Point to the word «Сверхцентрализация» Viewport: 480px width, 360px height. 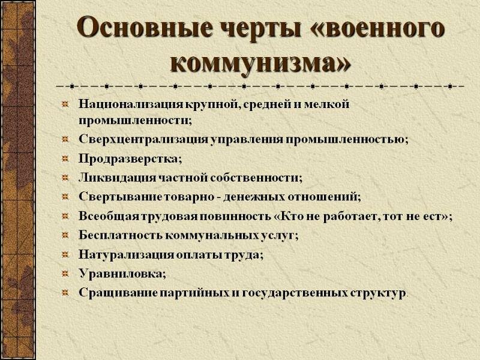click(x=143, y=139)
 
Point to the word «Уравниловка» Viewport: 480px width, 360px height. click(x=120, y=273)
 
